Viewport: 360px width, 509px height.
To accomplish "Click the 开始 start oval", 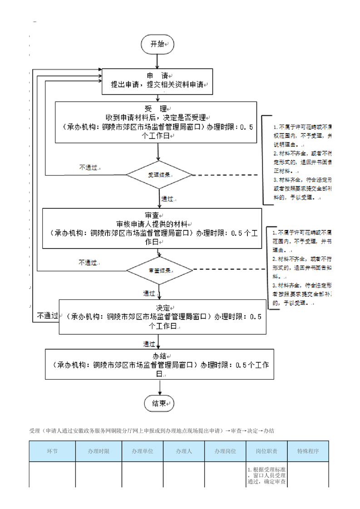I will (x=157, y=44).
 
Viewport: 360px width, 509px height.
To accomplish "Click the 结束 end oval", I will (x=159, y=403).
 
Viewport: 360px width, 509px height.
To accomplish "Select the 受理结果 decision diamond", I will (x=159, y=175).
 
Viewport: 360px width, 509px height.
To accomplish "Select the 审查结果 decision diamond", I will (x=159, y=270).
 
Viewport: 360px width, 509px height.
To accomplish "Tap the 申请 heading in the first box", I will (x=157, y=75).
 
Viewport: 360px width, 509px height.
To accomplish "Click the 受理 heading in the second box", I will (x=156, y=109).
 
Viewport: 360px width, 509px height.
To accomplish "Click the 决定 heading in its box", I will (x=162, y=308).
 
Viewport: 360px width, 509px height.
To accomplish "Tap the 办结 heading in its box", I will (x=159, y=356).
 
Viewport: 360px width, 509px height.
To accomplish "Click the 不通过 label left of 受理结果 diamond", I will (x=89, y=167).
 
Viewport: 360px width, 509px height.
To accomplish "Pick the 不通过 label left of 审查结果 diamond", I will (x=88, y=263).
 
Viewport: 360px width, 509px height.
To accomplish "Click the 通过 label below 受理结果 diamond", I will (x=168, y=199).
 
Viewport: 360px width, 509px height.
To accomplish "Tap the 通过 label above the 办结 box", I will (x=149, y=343).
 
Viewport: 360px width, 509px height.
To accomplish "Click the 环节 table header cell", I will (x=52, y=451).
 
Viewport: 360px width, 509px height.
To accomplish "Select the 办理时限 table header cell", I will (x=99, y=451).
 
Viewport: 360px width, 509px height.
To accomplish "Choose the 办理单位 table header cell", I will (x=143, y=451).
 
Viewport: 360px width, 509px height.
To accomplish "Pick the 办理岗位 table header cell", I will (x=225, y=451).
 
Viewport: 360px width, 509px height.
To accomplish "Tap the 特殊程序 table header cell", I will (x=308, y=451).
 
